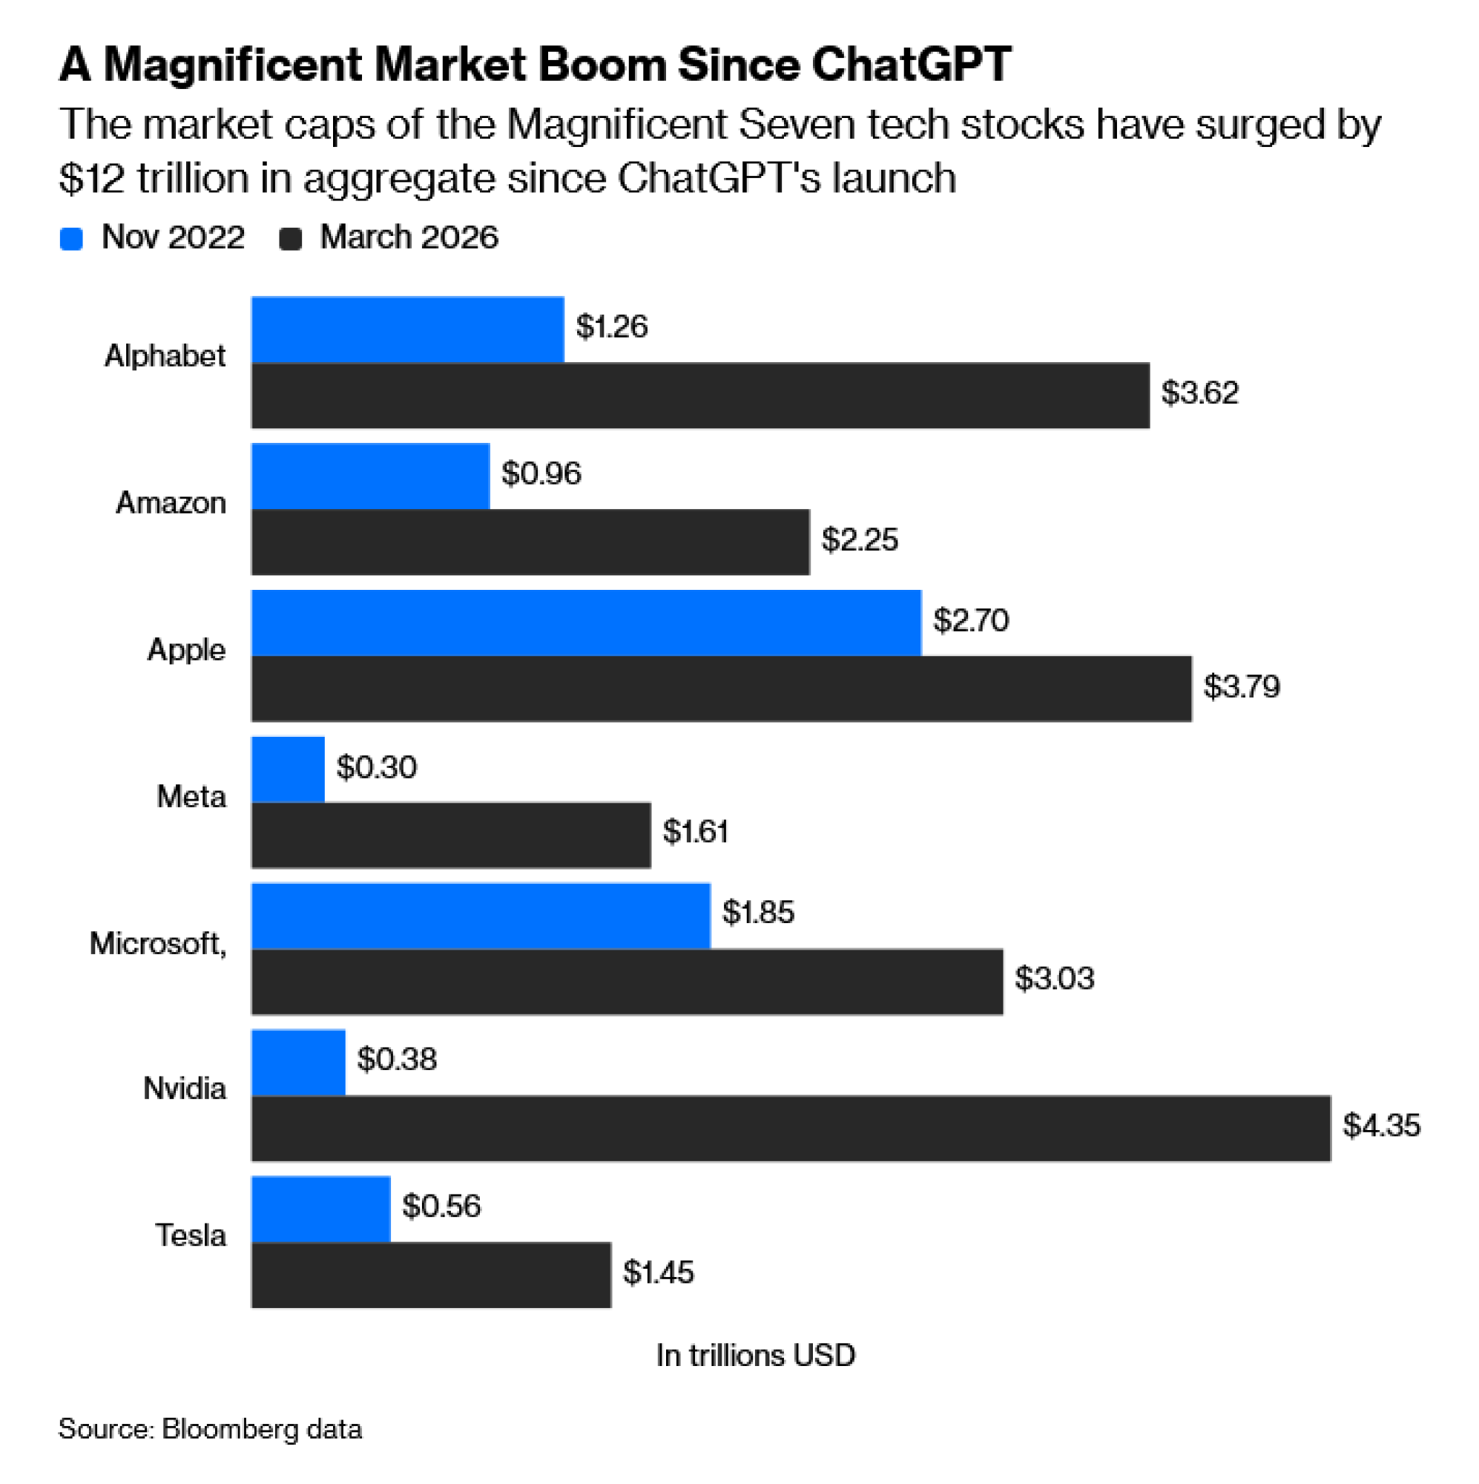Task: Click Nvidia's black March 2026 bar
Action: [790, 1129]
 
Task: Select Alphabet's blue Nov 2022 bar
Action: [408, 329]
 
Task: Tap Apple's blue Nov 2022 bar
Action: [586, 623]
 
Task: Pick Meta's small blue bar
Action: [288, 769]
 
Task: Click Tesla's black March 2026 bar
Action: [431, 1275]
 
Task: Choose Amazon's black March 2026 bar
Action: [530, 542]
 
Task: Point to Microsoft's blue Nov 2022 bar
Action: [481, 916]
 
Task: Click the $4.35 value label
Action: [1380, 1126]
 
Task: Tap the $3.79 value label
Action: [1241, 686]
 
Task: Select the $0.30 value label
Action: [376, 767]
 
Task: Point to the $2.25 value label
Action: [860, 539]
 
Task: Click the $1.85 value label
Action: [758, 913]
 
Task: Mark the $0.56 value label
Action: [441, 1206]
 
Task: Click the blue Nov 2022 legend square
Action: [71, 238]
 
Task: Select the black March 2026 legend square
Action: [290, 238]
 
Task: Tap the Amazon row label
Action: [171, 502]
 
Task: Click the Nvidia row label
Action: [184, 1089]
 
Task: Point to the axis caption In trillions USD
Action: [755, 1355]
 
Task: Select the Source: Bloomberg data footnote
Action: [210, 1428]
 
